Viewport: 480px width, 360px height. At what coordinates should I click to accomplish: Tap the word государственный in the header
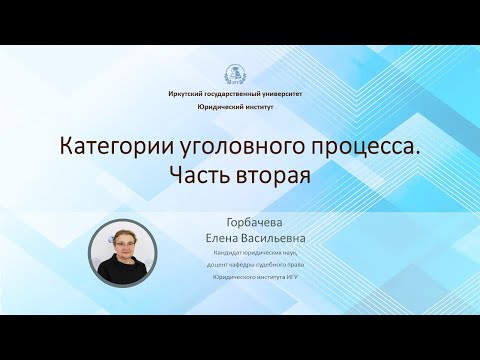point(236,92)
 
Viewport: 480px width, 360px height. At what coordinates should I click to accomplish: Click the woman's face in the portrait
point(126,245)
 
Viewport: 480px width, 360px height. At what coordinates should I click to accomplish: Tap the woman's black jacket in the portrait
point(126,273)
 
